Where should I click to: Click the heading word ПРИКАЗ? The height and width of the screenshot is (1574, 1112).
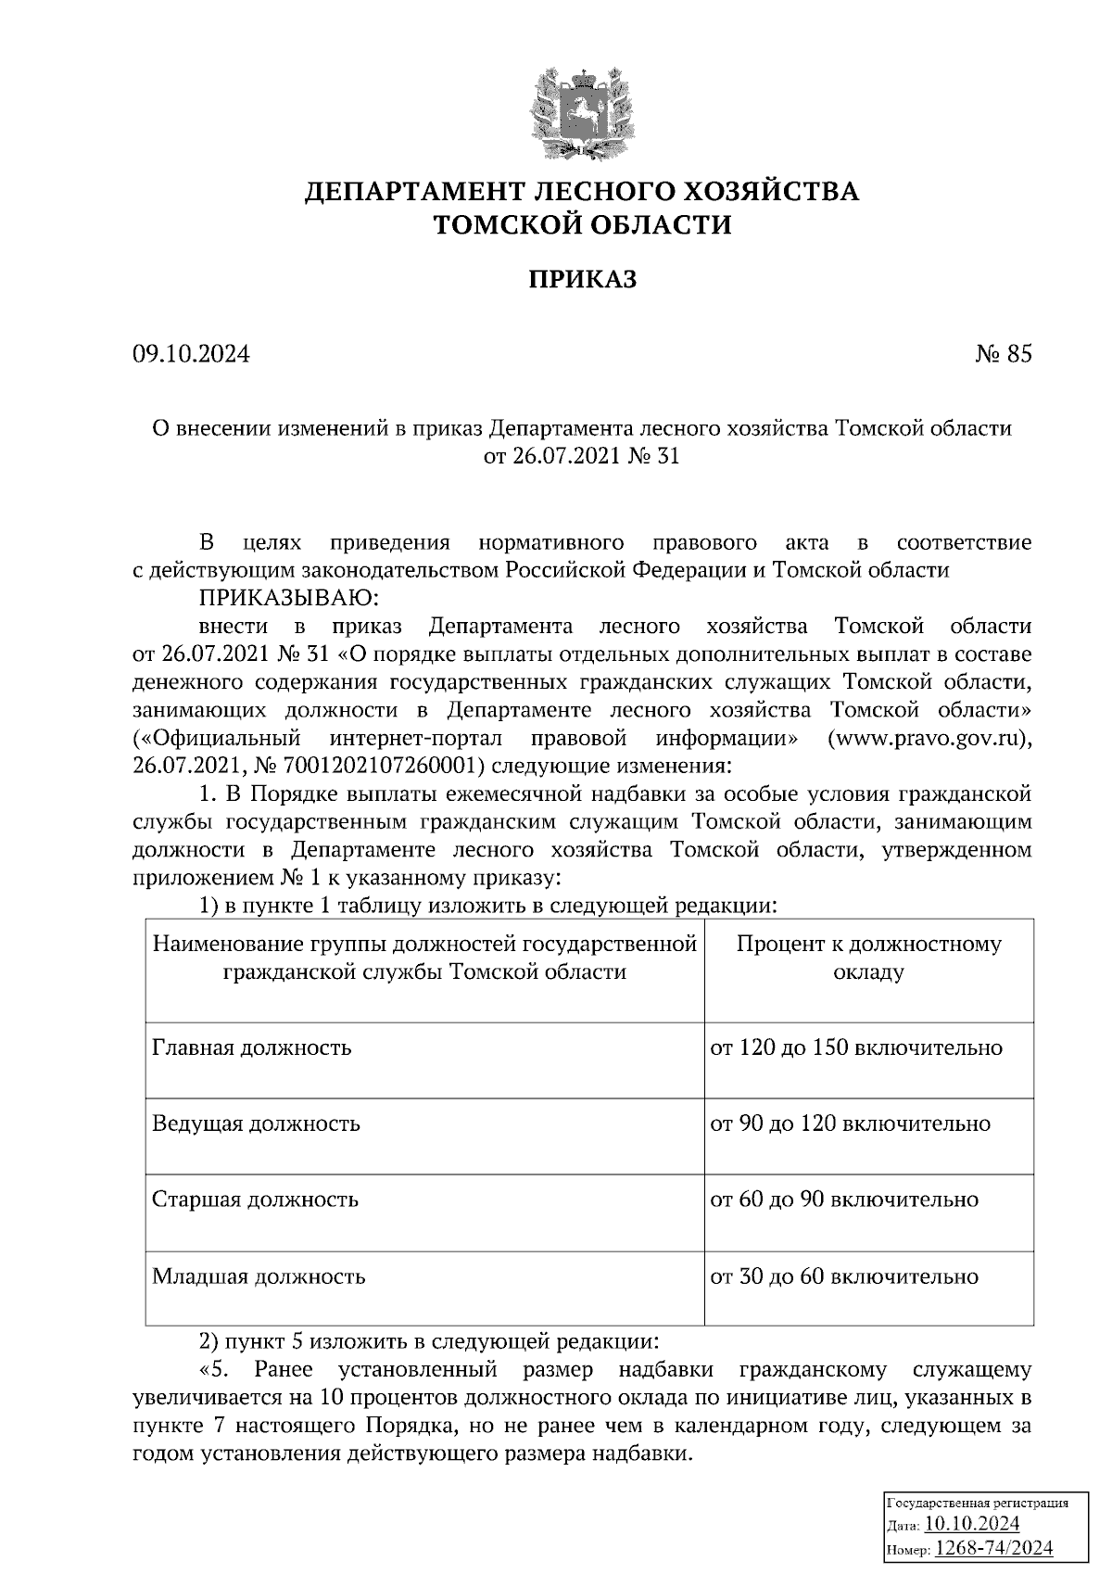coord(583,280)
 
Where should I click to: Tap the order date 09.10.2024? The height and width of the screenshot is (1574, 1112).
coord(192,354)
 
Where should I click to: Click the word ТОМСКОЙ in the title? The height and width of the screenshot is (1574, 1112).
coord(501,225)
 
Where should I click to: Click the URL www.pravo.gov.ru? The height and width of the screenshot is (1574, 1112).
coord(927,739)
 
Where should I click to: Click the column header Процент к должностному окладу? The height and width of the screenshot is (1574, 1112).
coord(868,958)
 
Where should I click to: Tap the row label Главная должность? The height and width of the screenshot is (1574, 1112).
coord(252,1048)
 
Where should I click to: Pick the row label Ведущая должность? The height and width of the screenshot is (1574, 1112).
coord(256,1124)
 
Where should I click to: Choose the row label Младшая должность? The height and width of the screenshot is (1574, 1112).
coord(259,1277)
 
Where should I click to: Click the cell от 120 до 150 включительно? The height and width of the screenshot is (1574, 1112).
coord(856,1048)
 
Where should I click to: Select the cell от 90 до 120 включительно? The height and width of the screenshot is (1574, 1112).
coord(850,1124)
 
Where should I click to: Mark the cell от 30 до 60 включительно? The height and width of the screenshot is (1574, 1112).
coord(844,1277)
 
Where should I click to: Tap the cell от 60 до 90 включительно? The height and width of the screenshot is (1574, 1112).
coord(844,1200)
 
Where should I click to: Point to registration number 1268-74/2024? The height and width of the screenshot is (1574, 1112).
coord(993,1547)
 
